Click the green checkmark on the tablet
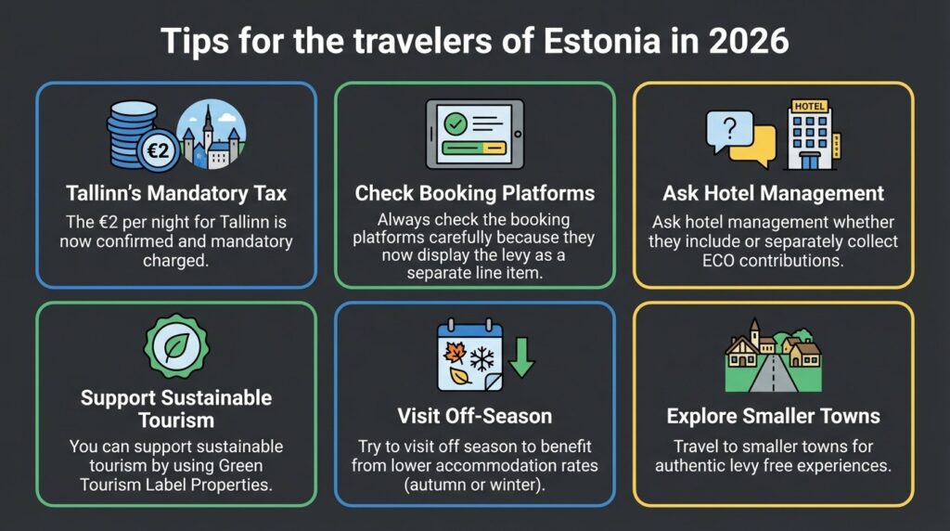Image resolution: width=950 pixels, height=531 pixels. point(456,123)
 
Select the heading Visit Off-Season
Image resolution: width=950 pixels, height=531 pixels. point(474,416)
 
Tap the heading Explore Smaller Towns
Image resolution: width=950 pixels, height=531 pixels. point(773,416)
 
